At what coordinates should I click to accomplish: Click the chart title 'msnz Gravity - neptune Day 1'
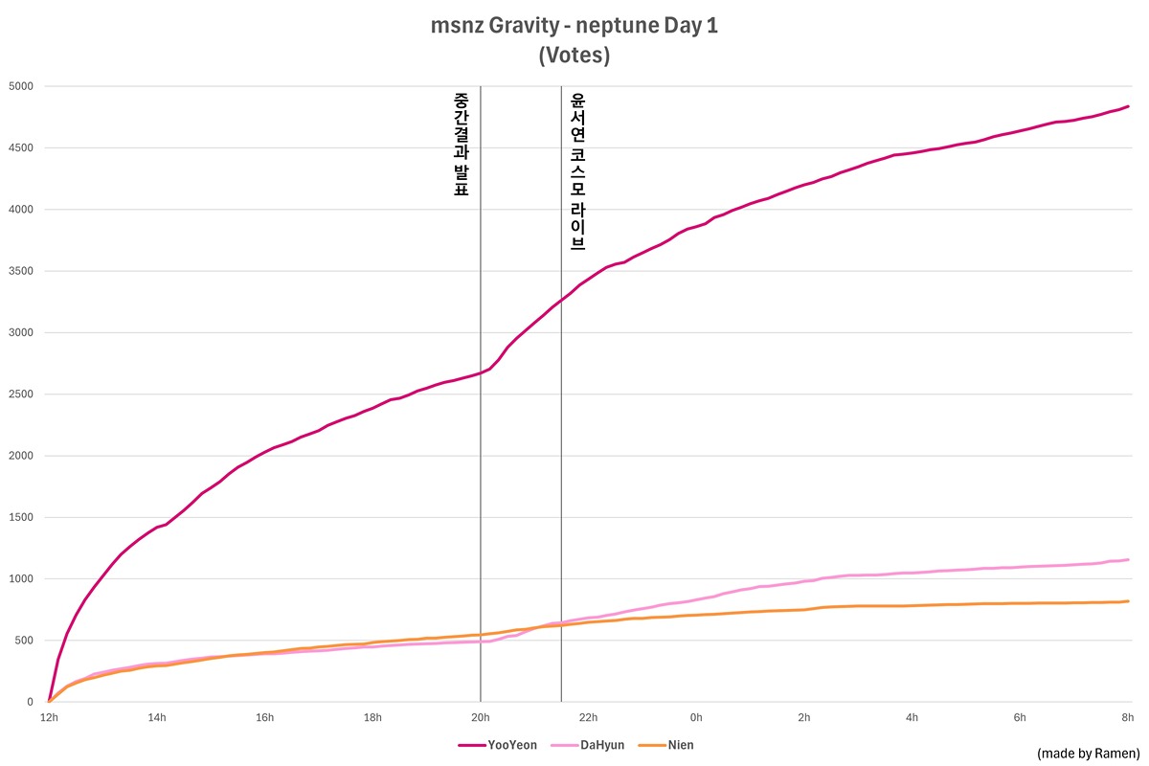[574, 27]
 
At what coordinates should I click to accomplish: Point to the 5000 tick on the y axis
[21, 86]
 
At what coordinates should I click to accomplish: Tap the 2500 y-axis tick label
[21, 394]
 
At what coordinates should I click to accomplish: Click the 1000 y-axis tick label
[21, 579]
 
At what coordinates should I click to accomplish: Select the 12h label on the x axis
[49, 717]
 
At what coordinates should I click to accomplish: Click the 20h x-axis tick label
[480, 717]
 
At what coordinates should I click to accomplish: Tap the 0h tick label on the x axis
[696, 717]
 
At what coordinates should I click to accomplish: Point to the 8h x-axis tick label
[1128, 717]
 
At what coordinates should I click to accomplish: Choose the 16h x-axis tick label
[264, 717]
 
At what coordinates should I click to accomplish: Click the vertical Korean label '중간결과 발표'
[461, 144]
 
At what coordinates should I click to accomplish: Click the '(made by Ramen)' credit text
[1088, 754]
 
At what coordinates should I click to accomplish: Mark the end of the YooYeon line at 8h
[1128, 106]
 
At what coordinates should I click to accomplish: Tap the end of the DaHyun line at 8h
[1128, 560]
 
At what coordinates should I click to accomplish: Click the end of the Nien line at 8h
[1128, 601]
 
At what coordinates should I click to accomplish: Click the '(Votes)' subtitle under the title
[574, 56]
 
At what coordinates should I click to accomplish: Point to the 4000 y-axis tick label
[21, 210]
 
